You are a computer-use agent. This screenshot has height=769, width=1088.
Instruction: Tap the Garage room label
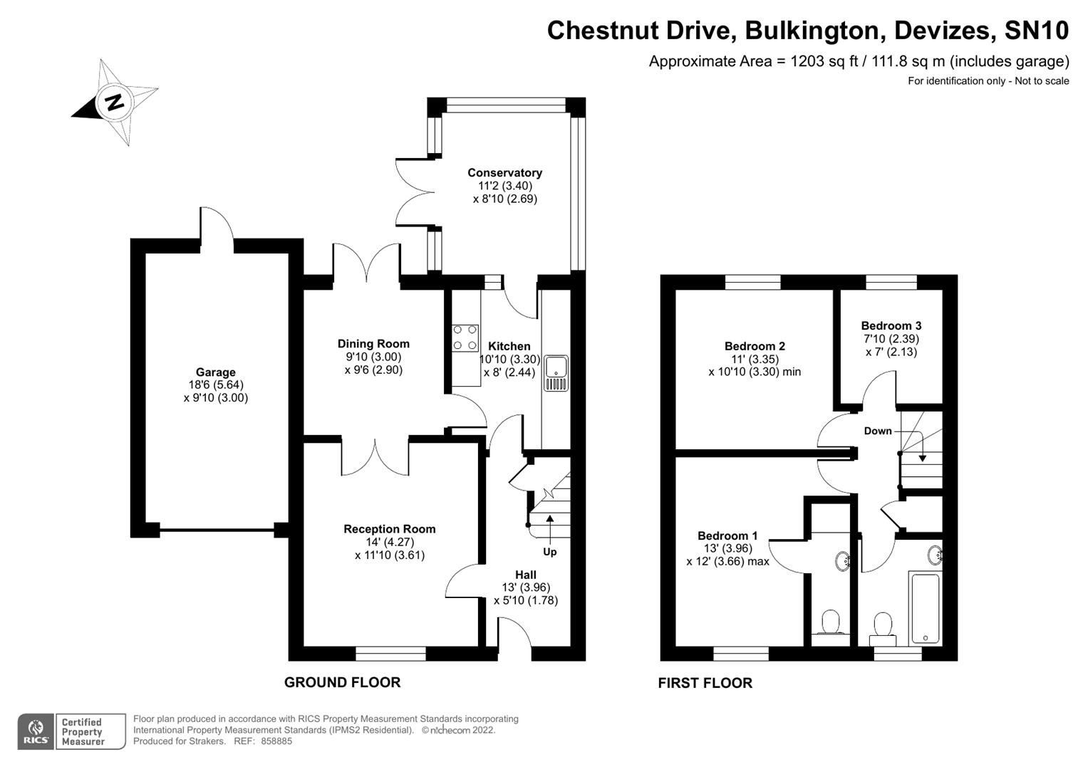215,372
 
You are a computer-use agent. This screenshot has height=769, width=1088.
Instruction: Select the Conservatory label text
504,173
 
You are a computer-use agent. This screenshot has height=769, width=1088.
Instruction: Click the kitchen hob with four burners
465,338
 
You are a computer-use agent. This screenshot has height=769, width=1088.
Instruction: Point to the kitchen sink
556,373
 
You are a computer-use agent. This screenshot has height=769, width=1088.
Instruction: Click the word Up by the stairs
550,552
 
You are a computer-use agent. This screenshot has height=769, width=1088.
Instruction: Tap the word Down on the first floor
877,431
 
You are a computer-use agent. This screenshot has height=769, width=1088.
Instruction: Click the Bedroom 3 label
891,326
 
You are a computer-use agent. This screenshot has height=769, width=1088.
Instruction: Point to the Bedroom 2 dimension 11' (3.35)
755,359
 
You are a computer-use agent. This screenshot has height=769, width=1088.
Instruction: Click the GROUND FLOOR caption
342,682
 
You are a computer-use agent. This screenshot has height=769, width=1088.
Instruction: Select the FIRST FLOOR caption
705,683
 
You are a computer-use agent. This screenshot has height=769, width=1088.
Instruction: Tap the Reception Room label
389,529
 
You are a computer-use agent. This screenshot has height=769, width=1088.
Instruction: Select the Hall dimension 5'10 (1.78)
525,600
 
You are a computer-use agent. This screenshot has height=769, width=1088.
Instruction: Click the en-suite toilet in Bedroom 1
831,622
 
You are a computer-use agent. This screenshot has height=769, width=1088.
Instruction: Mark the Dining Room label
373,344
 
